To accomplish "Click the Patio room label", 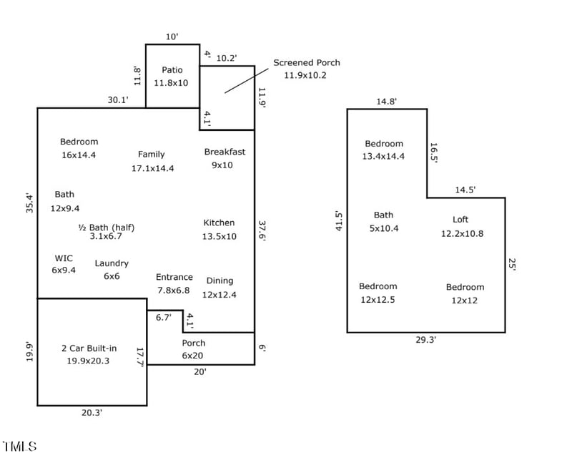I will (x=172, y=70).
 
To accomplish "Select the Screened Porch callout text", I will (x=306, y=63).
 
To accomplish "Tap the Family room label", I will (x=152, y=154).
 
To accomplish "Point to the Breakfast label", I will (x=225, y=152).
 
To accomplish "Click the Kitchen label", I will (x=219, y=223).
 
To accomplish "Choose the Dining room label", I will (x=220, y=281).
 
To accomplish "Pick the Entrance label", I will (x=174, y=277).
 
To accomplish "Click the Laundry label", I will (x=112, y=263).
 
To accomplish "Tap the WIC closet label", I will (x=64, y=258).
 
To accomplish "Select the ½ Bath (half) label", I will (x=106, y=228).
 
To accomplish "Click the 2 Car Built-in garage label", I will (x=89, y=348).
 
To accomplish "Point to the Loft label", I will (x=460, y=220).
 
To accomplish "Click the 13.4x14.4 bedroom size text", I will (x=384, y=156).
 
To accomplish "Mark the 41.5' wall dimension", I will (x=339, y=220).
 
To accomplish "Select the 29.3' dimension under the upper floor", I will (x=426, y=340).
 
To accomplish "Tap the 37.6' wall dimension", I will (x=262, y=230).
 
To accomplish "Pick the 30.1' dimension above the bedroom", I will (x=118, y=100).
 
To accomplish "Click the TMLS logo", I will (x=19, y=447).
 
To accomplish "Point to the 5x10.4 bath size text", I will (x=384, y=228).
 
